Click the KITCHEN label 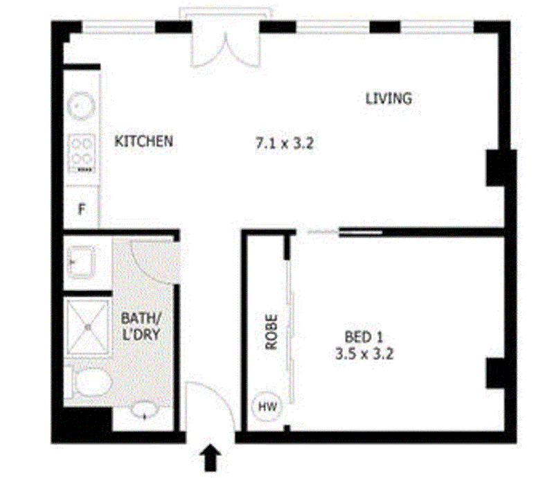click(x=144, y=141)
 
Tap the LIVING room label click(x=388, y=98)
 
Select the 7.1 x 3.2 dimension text click(x=285, y=143)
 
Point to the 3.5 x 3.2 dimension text click(x=364, y=353)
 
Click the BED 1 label click(x=364, y=337)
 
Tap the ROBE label click(x=271, y=332)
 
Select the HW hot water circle click(x=267, y=406)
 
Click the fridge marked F click(x=81, y=207)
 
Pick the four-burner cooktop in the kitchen click(x=82, y=153)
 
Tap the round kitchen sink click(x=82, y=106)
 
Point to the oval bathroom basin click(x=145, y=411)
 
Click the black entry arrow click(x=211, y=458)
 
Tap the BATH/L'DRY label click(x=141, y=327)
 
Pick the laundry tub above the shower click(x=81, y=262)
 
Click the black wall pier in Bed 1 click(x=494, y=373)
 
